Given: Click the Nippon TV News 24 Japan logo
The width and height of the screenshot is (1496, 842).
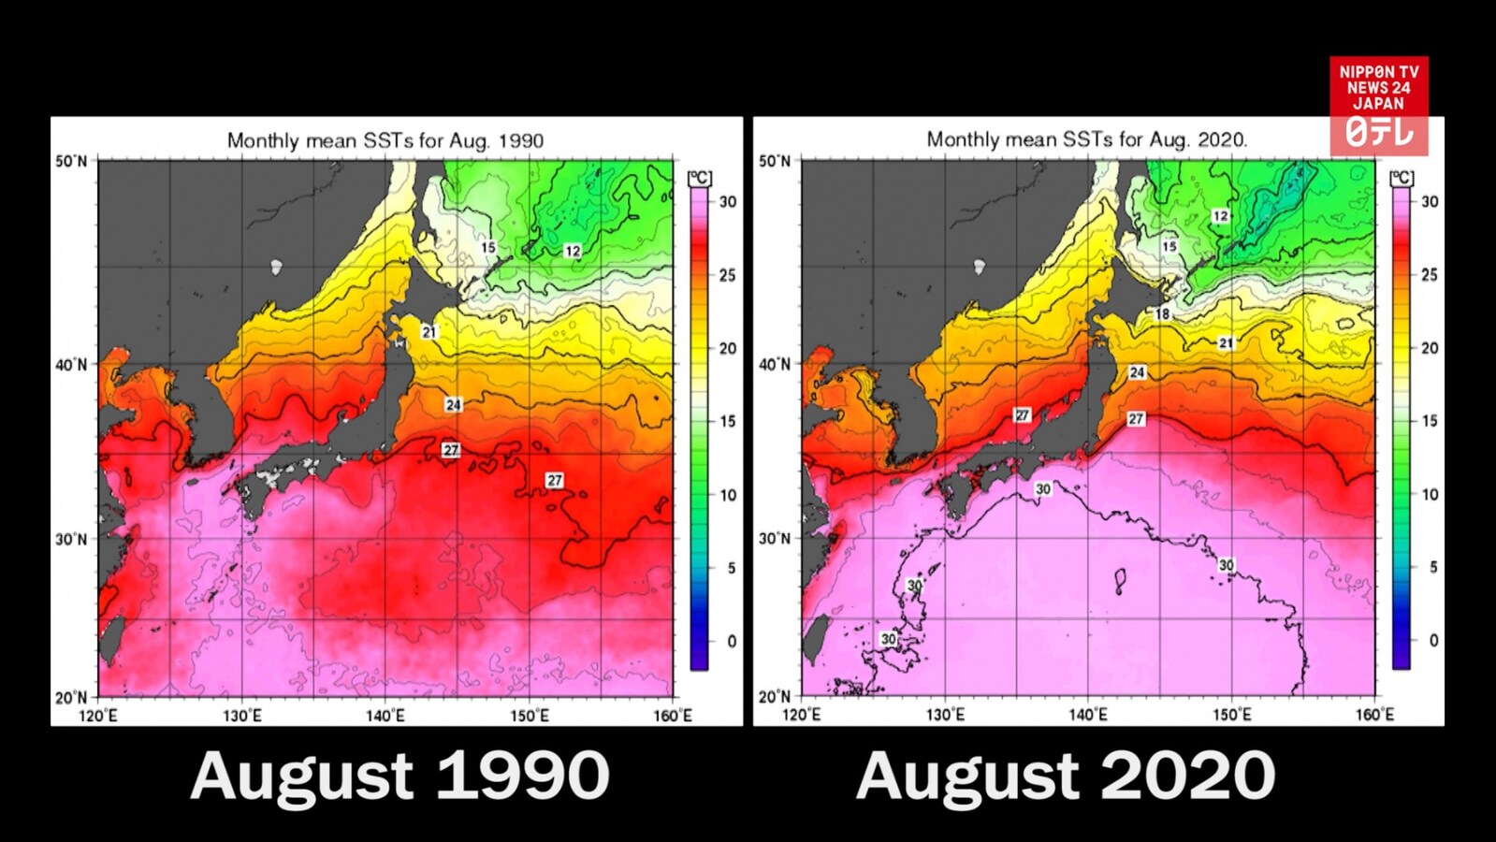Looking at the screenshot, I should [1378, 105].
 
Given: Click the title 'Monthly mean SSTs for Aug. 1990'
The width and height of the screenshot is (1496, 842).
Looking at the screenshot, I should [385, 140].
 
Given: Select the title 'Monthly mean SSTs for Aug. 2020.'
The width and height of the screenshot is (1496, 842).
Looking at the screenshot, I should [1087, 139].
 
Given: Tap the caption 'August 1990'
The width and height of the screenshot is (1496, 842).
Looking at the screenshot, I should [399, 777].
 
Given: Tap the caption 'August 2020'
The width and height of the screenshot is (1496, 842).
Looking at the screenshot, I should [1066, 777].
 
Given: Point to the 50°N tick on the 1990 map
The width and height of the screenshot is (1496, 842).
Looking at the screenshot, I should [71, 161].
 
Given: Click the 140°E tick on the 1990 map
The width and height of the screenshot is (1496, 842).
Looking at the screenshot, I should [385, 716].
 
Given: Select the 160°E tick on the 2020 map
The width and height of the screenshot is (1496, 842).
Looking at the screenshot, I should [1374, 715].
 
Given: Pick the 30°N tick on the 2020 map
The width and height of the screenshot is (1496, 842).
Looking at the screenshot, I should [774, 539].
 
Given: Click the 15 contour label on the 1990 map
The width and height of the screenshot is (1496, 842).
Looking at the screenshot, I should [488, 248].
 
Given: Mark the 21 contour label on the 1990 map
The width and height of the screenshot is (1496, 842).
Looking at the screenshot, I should [428, 332].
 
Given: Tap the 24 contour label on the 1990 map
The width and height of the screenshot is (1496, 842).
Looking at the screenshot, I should [453, 405].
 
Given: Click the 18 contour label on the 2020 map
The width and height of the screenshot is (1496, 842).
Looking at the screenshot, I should [1162, 314].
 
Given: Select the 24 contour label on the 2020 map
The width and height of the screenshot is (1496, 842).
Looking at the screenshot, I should [1137, 372].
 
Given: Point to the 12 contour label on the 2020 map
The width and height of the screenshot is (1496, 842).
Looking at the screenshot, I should [1220, 216].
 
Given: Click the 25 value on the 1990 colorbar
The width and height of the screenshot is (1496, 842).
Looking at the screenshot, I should [727, 275].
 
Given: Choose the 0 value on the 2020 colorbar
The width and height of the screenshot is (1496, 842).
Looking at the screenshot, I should [1433, 641].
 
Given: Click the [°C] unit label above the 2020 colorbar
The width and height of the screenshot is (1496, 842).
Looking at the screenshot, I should [1402, 178].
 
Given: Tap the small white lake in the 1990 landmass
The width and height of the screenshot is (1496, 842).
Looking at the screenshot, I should [276, 268].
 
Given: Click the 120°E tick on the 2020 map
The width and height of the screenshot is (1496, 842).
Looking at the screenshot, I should [801, 715].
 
